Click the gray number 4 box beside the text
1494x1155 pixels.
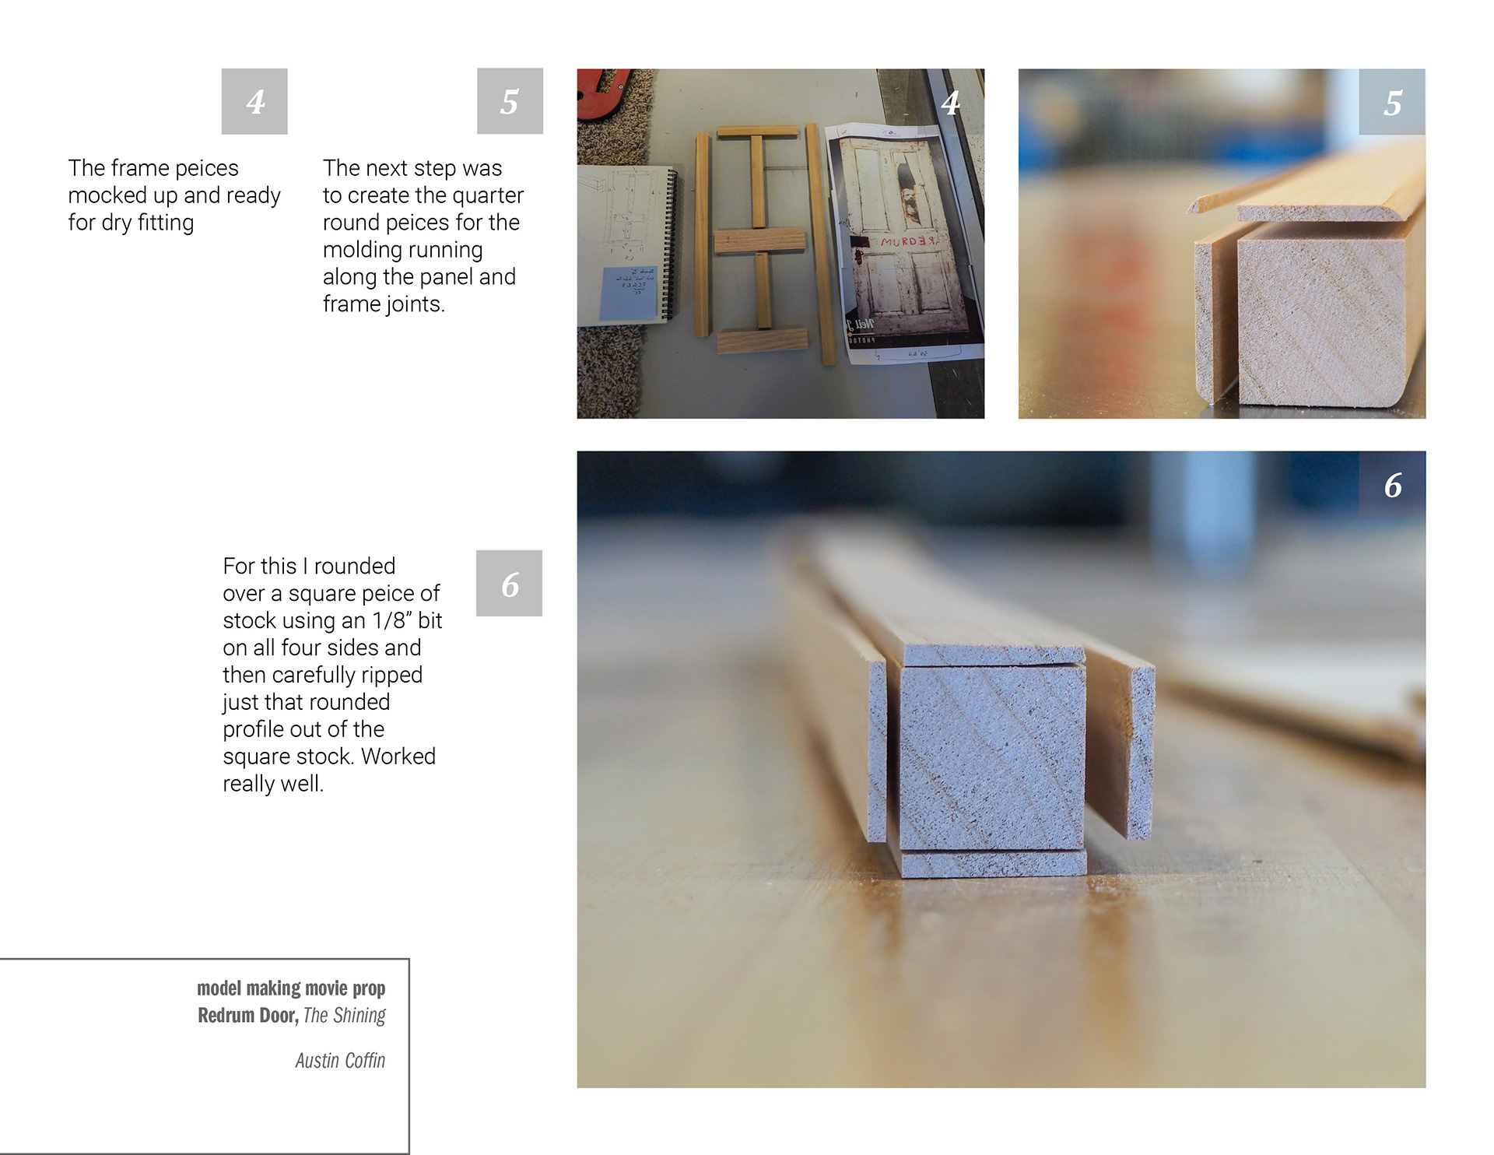(254, 101)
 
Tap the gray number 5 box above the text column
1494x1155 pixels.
(510, 101)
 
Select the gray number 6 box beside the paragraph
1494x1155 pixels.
(509, 584)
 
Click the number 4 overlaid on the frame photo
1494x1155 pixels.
(950, 103)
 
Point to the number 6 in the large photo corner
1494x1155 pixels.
(1393, 486)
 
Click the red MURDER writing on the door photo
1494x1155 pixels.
(907, 242)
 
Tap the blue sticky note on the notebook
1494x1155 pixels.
(629, 293)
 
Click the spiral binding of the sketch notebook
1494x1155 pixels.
(668, 245)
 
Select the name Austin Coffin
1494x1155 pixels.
(340, 1060)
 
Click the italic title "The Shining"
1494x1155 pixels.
(344, 1016)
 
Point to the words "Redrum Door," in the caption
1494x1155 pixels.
(247, 1016)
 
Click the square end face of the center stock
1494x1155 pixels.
(992, 757)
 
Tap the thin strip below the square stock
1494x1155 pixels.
(994, 864)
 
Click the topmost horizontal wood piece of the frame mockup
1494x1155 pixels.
(757, 132)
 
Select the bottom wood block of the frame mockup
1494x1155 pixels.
(762, 340)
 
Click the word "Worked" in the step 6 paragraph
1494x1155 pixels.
(398, 757)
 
